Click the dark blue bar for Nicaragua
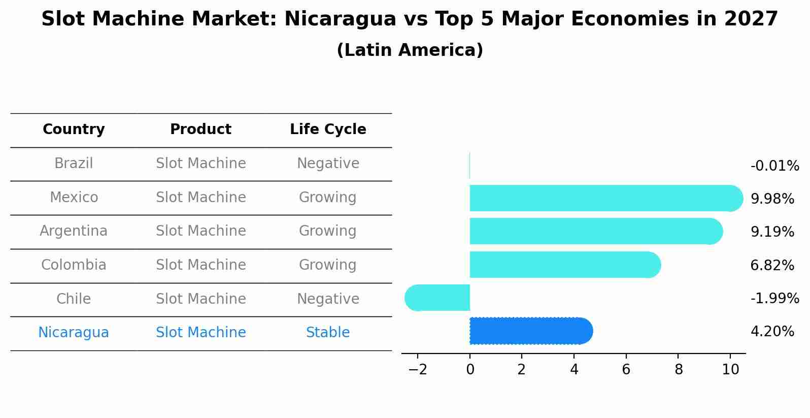coord(530,331)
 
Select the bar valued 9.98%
coord(604,199)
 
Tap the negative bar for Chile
coord(437,298)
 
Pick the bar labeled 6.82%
coord(563,265)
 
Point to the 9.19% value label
coord(772,232)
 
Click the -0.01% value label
coord(774,166)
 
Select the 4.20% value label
coord(772,332)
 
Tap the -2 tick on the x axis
coord(418,370)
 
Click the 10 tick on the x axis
coord(730,370)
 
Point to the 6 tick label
coord(626,370)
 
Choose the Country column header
coord(74,130)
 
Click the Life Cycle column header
coord(328,130)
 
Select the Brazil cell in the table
coord(74,164)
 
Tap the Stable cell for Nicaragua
coord(328,333)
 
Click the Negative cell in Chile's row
coord(328,299)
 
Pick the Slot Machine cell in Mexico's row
coord(200,197)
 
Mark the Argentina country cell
coord(74,231)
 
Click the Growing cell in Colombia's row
coord(328,265)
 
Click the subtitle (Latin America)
coord(410,50)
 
